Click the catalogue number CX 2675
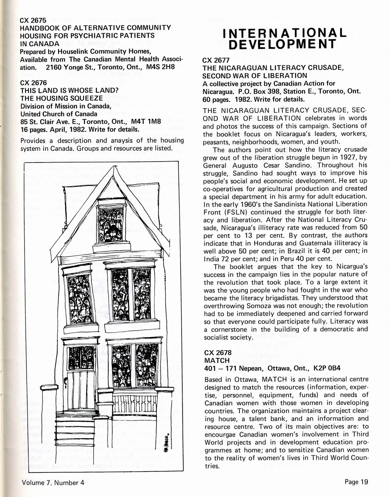pyautogui.click(x=33, y=20)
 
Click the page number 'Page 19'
pyautogui.click(x=356, y=482)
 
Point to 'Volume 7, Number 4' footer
pyautogui.click(x=53, y=483)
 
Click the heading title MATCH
pyautogui.click(x=217, y=360)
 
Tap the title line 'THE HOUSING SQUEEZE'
pyautogui.click(x=62, y=98)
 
